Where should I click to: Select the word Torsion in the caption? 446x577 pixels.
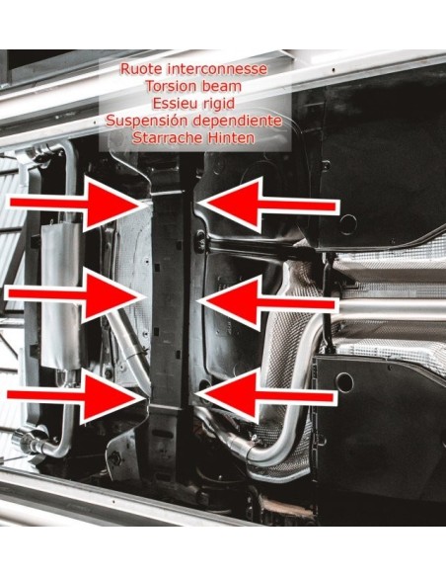tap(168, 86)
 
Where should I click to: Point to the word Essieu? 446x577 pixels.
tap(172, 104)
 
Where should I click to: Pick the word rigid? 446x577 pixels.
tap(215, 105)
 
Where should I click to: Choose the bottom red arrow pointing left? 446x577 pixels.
tap(266, 396)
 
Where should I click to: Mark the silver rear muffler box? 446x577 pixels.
tap(60, 295)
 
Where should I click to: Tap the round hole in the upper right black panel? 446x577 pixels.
tap(347, 224)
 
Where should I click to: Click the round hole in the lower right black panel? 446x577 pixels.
tap(344, 382)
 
